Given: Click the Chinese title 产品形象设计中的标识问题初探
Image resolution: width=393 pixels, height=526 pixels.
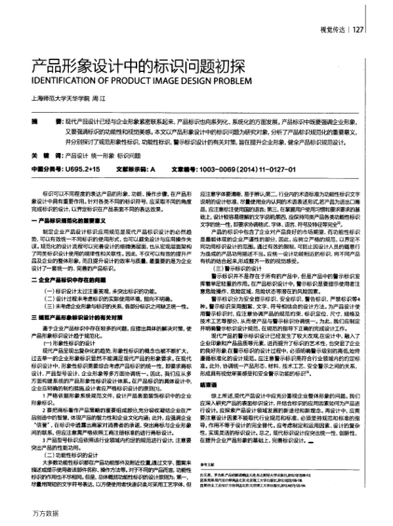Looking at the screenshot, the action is click(124, 67).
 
